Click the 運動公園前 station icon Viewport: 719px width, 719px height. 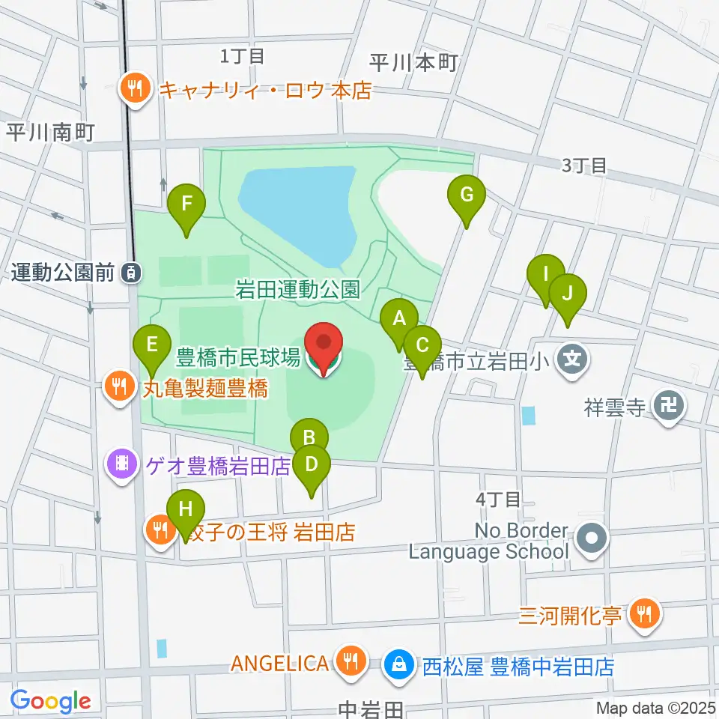[132, 273]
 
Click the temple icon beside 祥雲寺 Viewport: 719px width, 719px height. [666, 407]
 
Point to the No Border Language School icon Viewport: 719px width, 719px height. [592, 539]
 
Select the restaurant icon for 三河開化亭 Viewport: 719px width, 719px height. [643, 615]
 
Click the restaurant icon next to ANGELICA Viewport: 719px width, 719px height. [349, 662]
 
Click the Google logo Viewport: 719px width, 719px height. [50, 701]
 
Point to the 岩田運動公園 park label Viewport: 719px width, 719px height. [298, 289]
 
